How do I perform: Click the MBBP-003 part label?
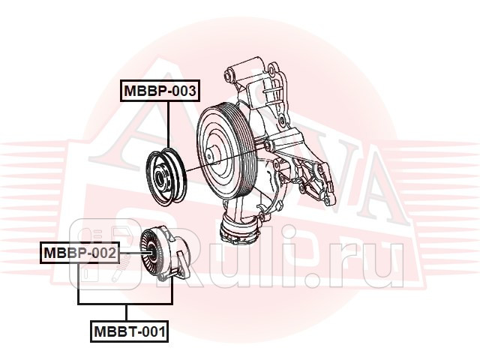160,91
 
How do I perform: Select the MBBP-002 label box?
79,253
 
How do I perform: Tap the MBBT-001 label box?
129,330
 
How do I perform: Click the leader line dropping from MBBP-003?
169,124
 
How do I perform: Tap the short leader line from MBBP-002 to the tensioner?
127,253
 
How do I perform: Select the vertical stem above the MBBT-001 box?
126,313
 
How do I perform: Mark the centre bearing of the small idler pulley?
161,177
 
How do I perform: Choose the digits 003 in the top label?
183,91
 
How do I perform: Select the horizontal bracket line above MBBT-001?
126,303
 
